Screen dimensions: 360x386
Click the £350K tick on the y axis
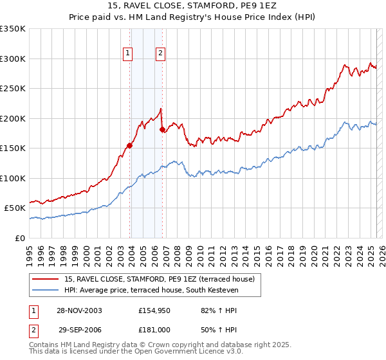(13, 29)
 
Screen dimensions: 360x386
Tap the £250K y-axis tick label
(13, 89)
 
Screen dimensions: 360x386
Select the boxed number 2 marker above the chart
(160, 54)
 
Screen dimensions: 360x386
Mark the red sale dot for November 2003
(130, 145)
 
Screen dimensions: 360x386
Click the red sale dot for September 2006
(162, 130)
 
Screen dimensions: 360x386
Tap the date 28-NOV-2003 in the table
(79, 310)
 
